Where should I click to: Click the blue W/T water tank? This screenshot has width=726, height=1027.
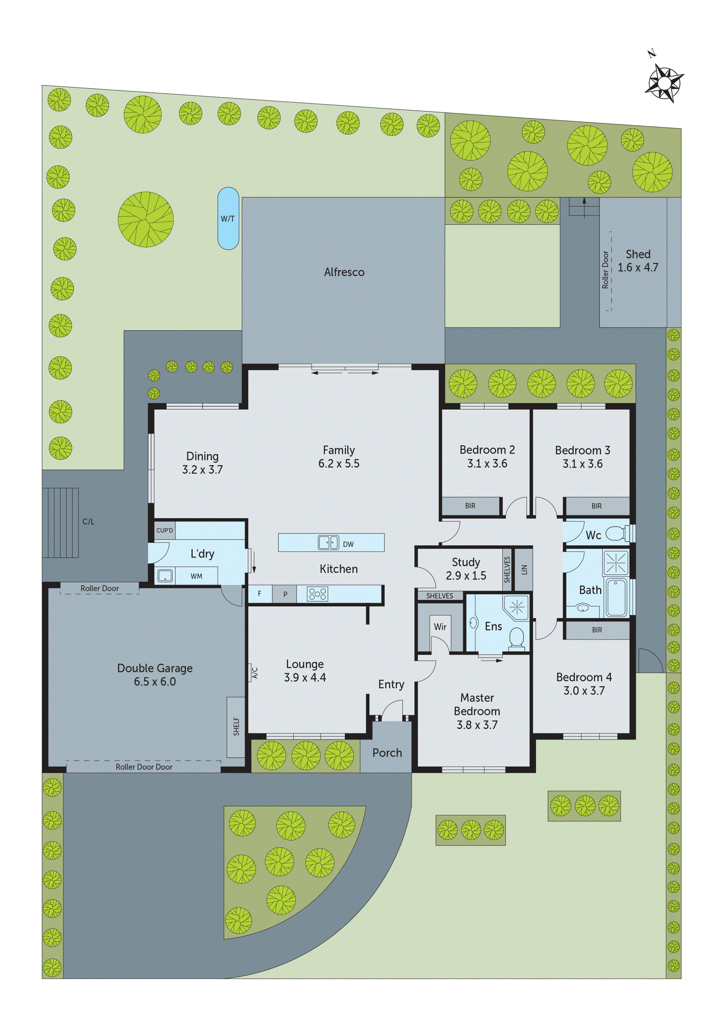(228, 218)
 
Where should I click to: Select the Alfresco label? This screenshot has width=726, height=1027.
(344, 272)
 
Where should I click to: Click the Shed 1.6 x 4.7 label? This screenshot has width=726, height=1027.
(638, 261)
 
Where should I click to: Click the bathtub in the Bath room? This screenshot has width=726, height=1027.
(617, 597)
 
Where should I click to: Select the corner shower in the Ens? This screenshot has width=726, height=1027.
(517, 607)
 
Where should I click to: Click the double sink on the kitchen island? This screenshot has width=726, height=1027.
(328, 543)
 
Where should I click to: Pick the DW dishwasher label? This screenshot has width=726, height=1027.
(348, 545)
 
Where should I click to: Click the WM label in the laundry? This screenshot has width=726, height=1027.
(196, 576)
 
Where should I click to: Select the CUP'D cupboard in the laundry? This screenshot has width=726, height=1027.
(164, 530)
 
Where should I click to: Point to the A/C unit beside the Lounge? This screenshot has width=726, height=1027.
(254, 672)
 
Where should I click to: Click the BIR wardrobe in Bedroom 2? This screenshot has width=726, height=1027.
(470, 506)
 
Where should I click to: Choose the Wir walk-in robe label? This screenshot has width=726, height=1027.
(440, 627)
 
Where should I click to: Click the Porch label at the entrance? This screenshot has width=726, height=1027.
(387, 753)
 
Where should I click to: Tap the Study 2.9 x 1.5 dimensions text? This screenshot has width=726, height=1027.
(466, 576)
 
